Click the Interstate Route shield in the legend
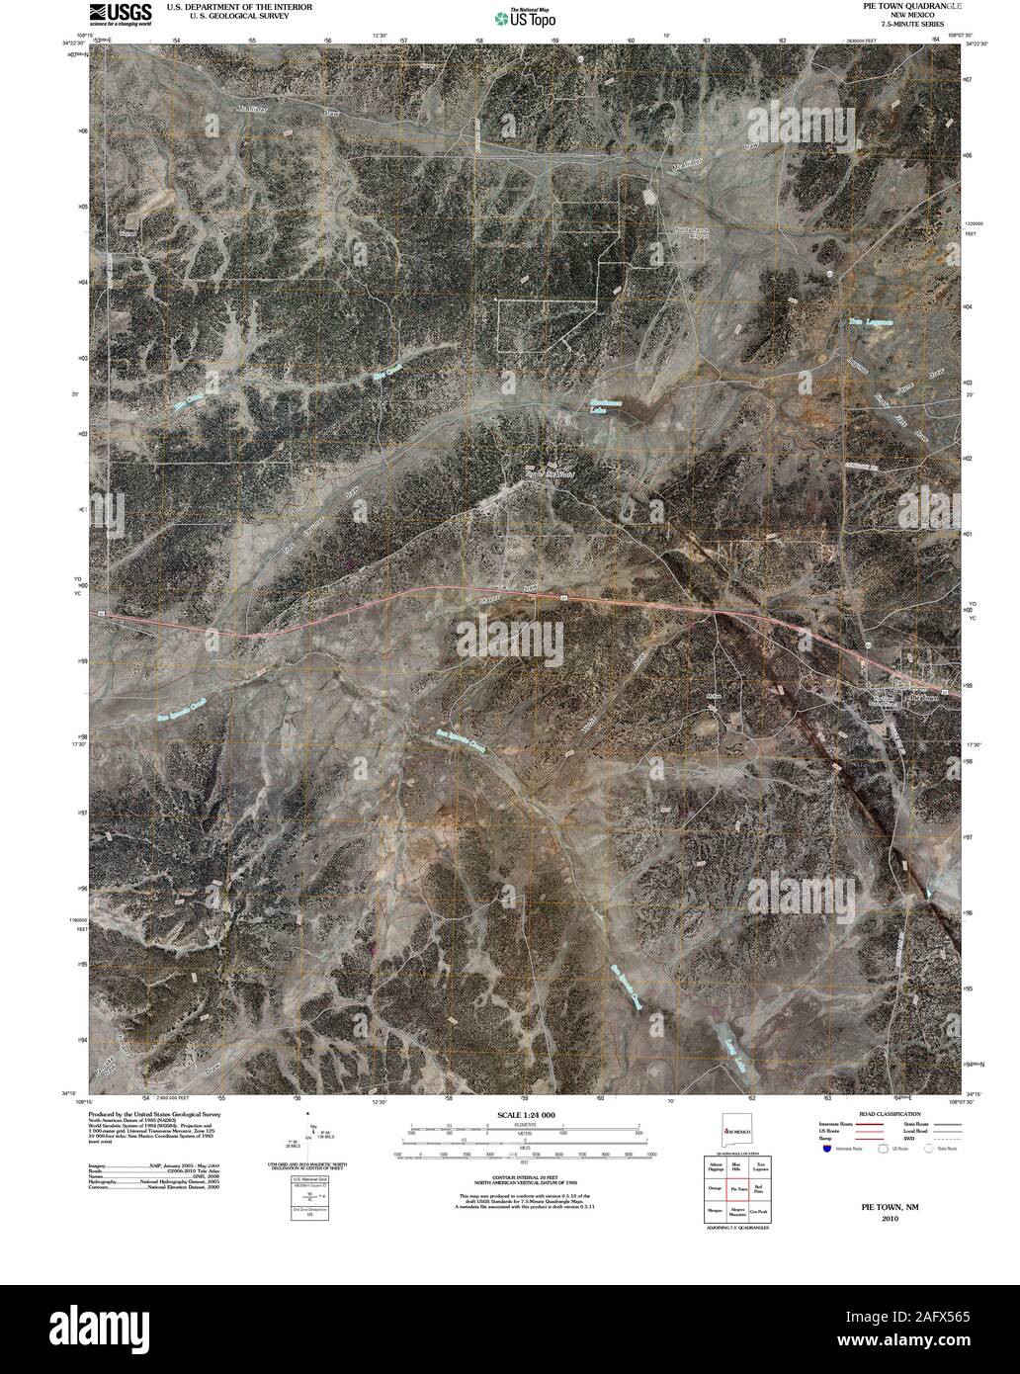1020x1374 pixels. point(826,1151)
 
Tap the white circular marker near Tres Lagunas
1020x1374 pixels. point(829,273)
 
